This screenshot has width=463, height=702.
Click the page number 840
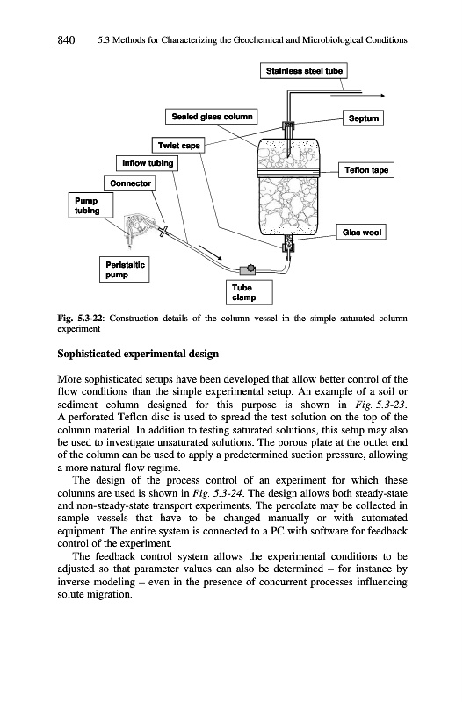coord(66,40)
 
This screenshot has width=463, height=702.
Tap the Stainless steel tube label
coord(304,71)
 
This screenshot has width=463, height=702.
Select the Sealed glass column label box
coord(212,117)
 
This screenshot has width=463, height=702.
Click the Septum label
coord(364,118)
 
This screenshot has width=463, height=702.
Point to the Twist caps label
coord(178,145)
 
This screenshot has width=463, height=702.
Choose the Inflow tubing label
coord(147,163)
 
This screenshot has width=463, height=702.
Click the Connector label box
coord(130,183)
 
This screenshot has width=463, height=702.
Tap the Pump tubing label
coord(90,205)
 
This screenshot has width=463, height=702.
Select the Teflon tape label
coord(366,170)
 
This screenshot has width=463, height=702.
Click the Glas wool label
coord(361,232)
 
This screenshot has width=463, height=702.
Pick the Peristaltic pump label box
coord(124,269)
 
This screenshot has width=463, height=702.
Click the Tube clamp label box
coord(250,292)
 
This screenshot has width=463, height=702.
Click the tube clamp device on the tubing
coord(248,269)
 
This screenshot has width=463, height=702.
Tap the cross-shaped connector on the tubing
coord(164,232)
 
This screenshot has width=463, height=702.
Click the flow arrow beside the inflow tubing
coord(210,252)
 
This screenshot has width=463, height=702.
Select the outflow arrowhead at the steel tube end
coord(382,96)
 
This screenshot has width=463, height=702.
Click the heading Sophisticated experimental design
coord(138,354)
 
